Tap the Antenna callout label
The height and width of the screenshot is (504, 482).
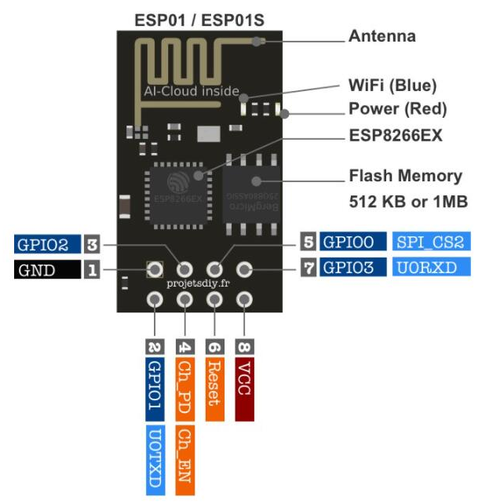point(382,37)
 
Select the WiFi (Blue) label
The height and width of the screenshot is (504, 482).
point(393,86)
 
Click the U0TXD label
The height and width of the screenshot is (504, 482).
point(155,459)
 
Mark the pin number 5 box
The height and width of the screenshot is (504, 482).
point(309,242)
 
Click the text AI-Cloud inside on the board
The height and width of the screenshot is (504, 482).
point(191,91)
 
